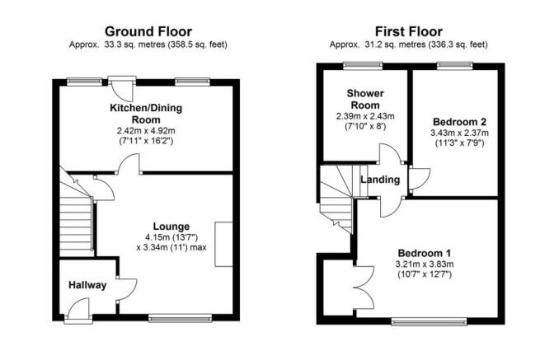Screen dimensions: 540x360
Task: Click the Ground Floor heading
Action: tap(148, 31)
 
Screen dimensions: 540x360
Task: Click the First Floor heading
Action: tap(408, 31)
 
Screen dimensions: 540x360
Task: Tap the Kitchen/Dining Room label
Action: tap(146, 114)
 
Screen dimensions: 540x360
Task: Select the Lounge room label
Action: tap(171, 227)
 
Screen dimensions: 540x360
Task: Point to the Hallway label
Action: tap(87, 285)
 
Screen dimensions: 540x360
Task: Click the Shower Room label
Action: tap(365, 99)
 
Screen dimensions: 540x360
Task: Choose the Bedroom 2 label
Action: tap(459, 122)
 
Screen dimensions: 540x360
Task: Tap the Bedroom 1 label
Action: tap(425, 253)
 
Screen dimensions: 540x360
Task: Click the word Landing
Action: tap(380, 180)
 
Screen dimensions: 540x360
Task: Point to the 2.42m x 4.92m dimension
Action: tap(146, 131)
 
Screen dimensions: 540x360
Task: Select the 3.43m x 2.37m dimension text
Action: tap(459, 133)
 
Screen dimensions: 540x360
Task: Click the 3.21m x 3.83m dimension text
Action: tap(425, 264)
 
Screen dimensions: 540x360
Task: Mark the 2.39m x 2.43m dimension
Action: tap(365, 116)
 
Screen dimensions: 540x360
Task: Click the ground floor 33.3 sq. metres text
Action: tap(148, 44)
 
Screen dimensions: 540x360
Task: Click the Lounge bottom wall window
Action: tap(180, 319)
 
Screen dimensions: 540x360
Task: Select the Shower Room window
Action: tap(363, 65)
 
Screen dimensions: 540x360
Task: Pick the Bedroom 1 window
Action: tap(429, 321)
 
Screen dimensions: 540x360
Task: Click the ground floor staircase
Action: tap(77, 216)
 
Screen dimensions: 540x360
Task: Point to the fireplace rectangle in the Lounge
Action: tap(224, 245)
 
